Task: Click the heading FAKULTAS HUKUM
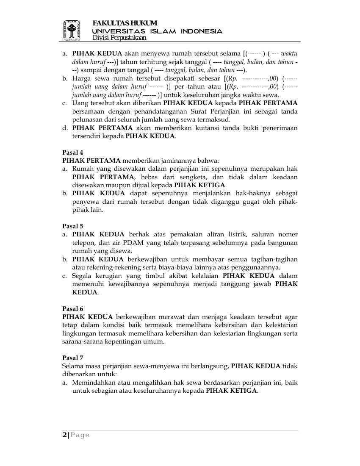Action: click(125, 23)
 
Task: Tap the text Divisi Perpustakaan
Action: click(119, 38)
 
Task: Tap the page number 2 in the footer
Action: click(64, 435)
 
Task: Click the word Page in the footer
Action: click(80, 435)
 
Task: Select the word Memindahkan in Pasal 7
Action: click(95, 383)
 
